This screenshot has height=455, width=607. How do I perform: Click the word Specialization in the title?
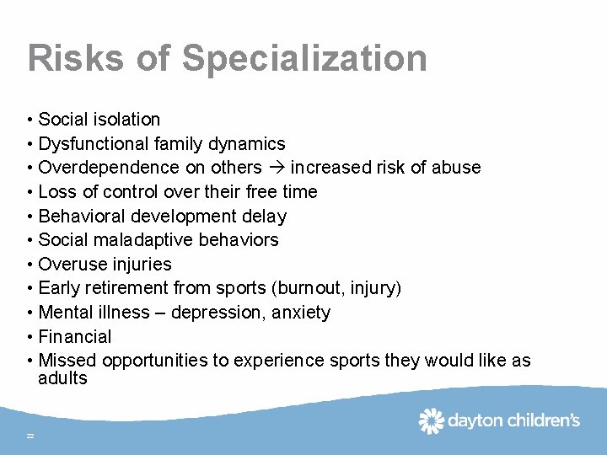click(x=304, y=59)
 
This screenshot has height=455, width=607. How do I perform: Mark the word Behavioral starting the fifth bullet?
click(x=78, y=217)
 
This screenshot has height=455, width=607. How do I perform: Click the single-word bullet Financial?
click(x=75, y=337)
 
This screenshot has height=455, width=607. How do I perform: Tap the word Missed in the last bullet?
click(x=67, y=361)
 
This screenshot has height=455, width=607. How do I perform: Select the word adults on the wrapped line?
click(x=62, y=378)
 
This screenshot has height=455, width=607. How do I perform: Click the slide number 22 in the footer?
click(x=30, y=436)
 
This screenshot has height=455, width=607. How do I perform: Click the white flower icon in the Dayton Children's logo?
click(x=432, y=420)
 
